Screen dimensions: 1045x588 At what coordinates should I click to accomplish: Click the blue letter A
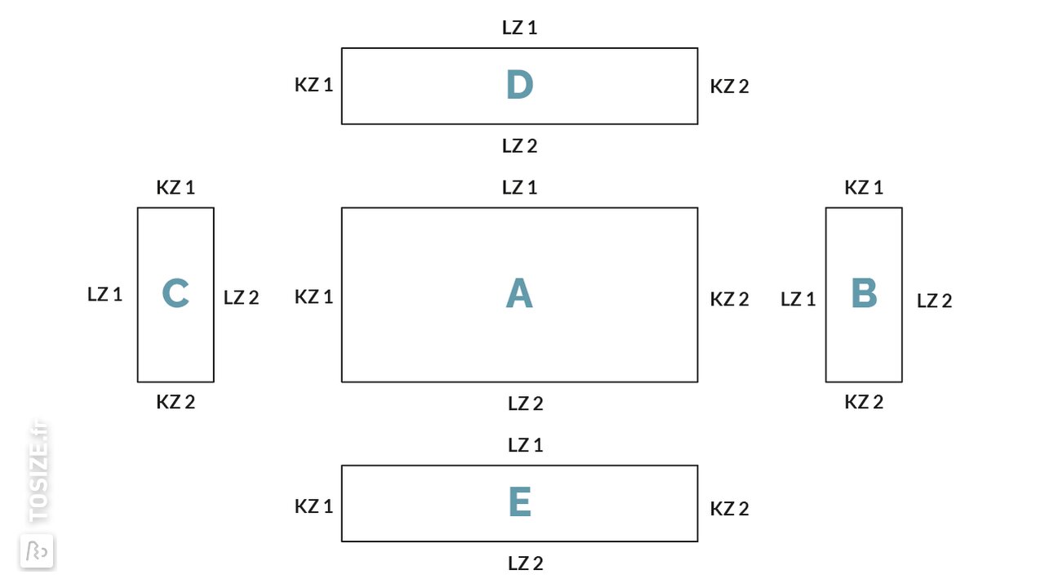(x=519, y=293)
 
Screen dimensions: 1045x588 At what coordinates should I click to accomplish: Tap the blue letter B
(x=864, y=293)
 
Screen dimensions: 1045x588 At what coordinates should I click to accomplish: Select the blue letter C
(x=176, y=293)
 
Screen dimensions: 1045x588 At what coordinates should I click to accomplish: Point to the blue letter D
(x=520, y=84)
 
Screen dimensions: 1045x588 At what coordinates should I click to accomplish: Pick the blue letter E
(x=520, y=502)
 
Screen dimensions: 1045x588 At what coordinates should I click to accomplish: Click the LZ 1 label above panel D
(x=520, y=28)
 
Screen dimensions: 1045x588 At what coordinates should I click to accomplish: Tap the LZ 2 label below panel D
(x=520, y=146)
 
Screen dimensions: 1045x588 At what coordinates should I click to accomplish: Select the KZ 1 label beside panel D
(x=314, y=85)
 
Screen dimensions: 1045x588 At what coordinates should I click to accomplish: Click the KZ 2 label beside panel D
(x=730, y=87)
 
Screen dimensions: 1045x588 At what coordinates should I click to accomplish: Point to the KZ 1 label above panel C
(x=176, y=188)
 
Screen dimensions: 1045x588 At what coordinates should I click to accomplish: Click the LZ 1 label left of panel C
(x=105, y=295)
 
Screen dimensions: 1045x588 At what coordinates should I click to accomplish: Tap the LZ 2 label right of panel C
(x=241, y=298)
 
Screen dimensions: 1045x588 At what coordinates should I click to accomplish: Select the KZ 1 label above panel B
(x=864, y=188)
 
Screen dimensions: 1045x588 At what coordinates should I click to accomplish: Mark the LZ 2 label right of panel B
(x=935, y=301)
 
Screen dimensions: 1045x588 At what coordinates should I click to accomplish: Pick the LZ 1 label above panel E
(x=526, y=446)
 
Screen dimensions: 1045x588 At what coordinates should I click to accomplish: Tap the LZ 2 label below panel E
(x=526, y=563)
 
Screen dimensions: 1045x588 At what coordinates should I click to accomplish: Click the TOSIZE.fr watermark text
(x=38, y=472)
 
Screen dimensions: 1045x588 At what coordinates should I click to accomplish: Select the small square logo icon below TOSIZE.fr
(x=37, y=551)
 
